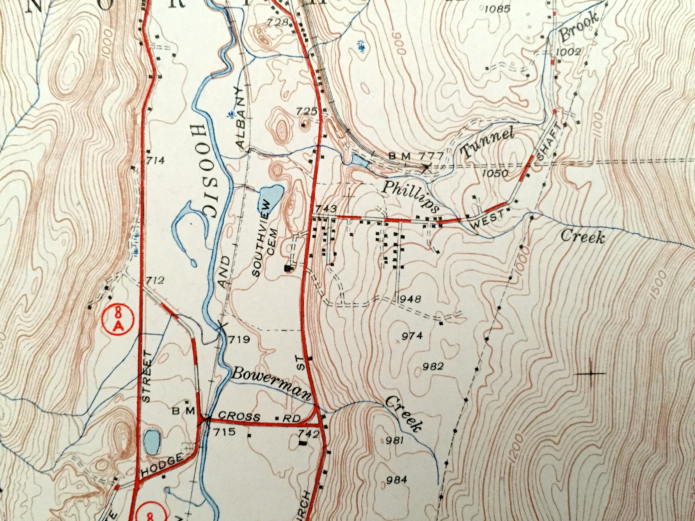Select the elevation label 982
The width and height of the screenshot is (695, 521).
433,366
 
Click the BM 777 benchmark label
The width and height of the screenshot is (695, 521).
416,156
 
